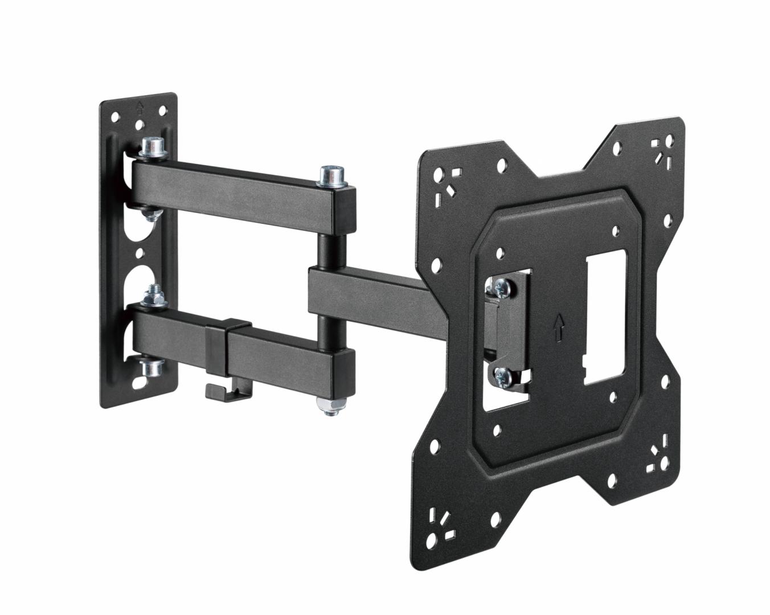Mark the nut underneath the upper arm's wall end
[151, 214]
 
